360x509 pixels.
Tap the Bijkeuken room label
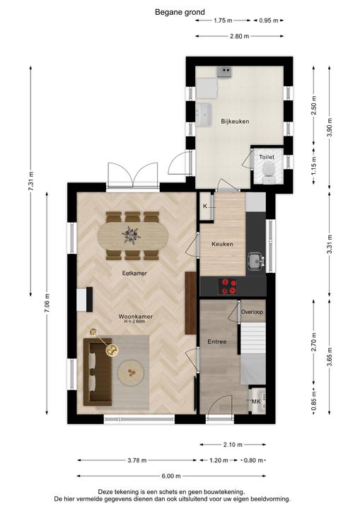tap(235, 122)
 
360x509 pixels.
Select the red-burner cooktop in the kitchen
tap(228, 286)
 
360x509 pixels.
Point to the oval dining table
tap(133, 235)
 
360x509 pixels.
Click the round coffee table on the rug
tap(131, 373)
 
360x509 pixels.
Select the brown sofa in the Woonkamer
tap(98, 372)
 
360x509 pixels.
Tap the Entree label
tap(217, 341)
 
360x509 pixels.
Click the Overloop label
tap(252, 312)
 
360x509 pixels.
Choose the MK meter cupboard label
tap(256, 402)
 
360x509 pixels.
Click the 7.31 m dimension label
tap(31, 181)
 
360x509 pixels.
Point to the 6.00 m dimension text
tap(171, 476)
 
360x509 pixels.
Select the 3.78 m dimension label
tap(137, 460)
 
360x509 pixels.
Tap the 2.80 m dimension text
tap(240, 36)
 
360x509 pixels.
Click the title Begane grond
tap(180, 12)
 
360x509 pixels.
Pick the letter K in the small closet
tap(205, 206)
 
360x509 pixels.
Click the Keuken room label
tap(222, 244)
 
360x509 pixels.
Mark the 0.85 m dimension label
tap(313, 400)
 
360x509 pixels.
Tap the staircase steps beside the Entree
tap(253, 339)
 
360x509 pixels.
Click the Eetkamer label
tap(134, 274)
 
